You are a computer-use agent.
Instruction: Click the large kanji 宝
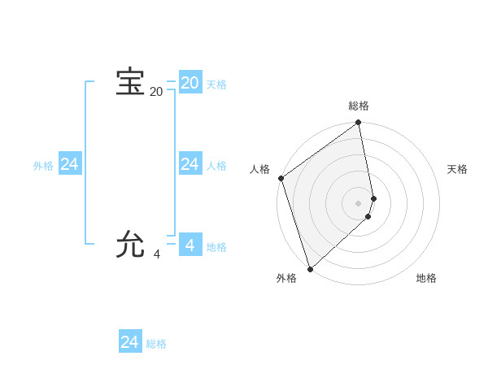[x=130, y=82]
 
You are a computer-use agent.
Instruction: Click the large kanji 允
[x=130, y=245]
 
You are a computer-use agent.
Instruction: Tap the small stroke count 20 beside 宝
[x=156, y=92]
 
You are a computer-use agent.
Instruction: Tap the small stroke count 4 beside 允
[x=157, y=254]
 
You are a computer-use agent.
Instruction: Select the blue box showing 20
[x=190, y=82]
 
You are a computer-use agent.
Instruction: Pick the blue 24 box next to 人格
[x=190, y=164]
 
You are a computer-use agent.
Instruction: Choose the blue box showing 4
[x=190, y=245]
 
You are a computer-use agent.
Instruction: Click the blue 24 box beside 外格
[x=69, y=164]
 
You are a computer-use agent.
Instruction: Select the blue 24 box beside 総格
[x=129, y=342]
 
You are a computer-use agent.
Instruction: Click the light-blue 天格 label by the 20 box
[x=216, y=85]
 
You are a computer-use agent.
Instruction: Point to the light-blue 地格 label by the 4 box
[x=216, y=247]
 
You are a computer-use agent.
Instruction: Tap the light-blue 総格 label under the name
[x=156, y=345]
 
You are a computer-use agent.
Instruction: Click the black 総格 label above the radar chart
[x=359, y=106]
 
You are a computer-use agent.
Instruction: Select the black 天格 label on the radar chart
[x=457, y=169]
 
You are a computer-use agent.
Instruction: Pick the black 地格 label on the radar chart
[x=426, y=278]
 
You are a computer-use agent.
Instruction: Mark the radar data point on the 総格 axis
[x=359, y=124]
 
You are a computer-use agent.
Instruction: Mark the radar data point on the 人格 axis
[x=281, y=178]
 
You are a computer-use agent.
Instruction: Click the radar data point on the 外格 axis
[x=310, y=268]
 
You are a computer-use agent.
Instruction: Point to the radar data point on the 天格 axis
[x=373, y=198]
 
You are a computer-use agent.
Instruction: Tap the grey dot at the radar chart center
[x=359, y=203]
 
